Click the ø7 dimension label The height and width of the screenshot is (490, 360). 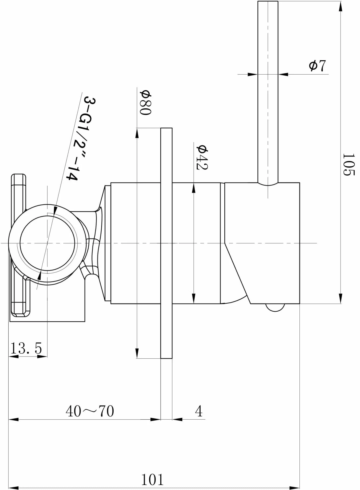[x=317, y=66]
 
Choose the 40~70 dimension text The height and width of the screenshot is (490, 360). [x=90, y=411]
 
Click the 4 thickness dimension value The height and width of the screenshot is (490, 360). [x=199, y=411]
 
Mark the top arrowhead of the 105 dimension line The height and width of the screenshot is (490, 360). [x=341, y=6]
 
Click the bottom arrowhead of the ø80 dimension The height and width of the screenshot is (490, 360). [x=137, y=353]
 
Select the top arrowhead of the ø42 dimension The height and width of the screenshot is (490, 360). [x=194, y=188]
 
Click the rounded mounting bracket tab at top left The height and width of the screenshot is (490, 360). [x=18, y=189]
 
